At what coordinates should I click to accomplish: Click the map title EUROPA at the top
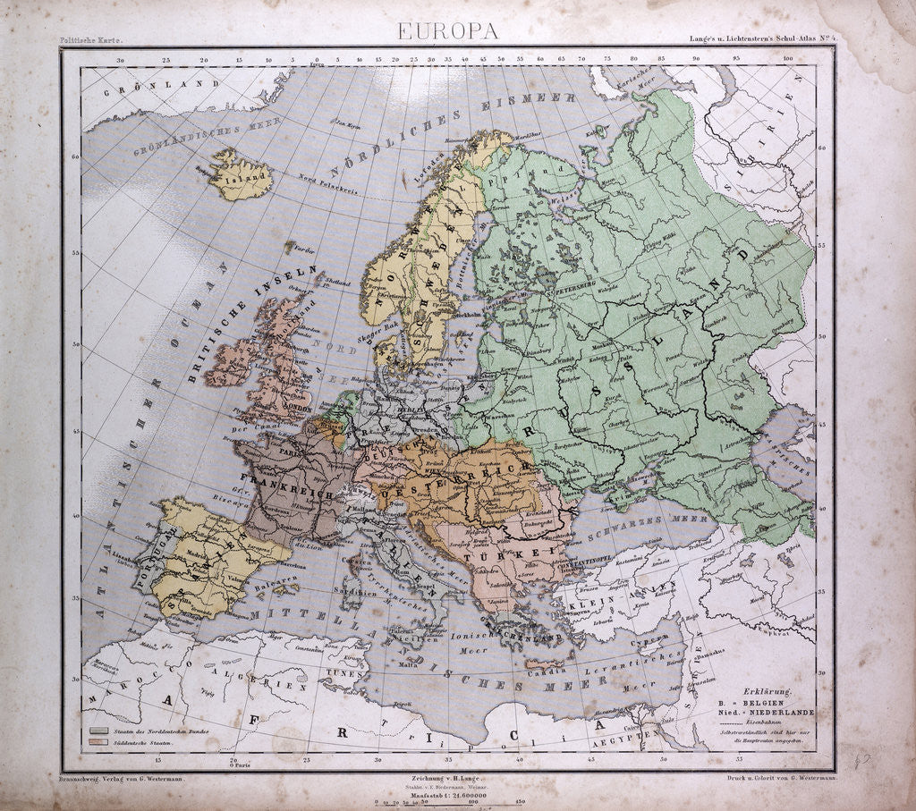click(x=448, y=30)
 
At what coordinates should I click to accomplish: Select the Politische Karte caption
click(x=90, y=40)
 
